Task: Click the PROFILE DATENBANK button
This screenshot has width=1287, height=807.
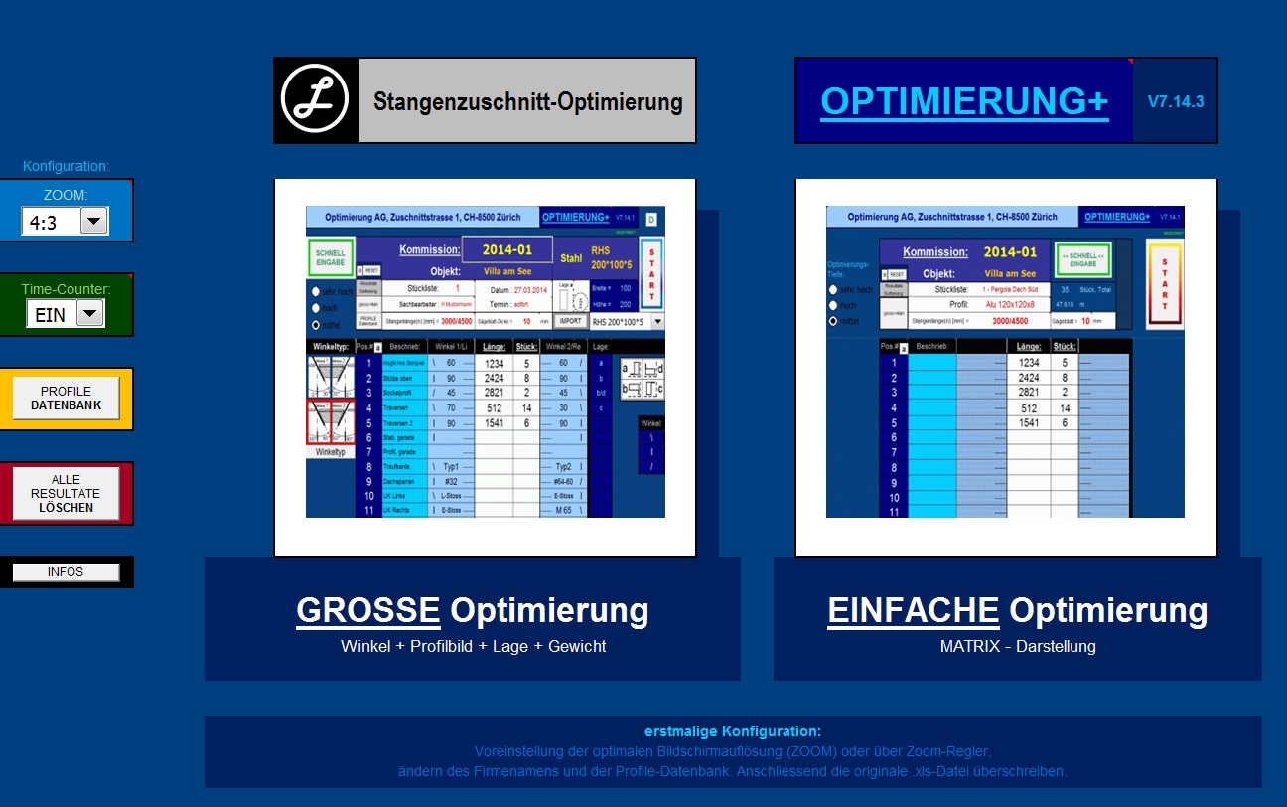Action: pos(66,399)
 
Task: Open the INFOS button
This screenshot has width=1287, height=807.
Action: pos(66,572)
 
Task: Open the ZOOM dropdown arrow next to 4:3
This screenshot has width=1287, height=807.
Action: pos(94,222)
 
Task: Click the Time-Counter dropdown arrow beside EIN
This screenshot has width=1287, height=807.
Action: pos(89,314)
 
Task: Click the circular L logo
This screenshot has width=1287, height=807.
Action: pos(316,100)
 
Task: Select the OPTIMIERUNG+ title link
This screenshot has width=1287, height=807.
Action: pos(964,101)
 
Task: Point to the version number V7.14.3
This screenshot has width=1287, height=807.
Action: pos(1176,101)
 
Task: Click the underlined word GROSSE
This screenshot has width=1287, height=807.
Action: pos(368,610)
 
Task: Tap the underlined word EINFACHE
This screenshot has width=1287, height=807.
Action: pos(913,610)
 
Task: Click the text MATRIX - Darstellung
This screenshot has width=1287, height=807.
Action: pos(1018,647)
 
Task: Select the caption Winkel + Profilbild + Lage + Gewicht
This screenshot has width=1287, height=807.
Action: pos(473,647)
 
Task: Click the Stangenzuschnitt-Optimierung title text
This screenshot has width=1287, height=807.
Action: pos(527,101)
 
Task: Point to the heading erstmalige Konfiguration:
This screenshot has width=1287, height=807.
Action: pos(733,731)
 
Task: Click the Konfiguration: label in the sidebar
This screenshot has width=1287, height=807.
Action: pos(66,166)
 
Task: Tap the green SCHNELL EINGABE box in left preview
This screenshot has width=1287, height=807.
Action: pos(331,257)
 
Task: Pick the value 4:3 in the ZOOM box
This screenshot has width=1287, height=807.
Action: pos(44,223)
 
